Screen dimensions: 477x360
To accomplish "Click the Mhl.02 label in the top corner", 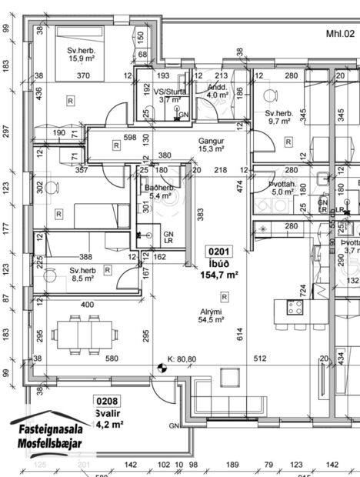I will pyautogui.click(x=340, y=34).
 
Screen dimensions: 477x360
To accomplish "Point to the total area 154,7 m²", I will pyautogui.click(x=219, y=274).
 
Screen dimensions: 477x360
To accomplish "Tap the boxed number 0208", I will pyautogui.click(x=106, y=400).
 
